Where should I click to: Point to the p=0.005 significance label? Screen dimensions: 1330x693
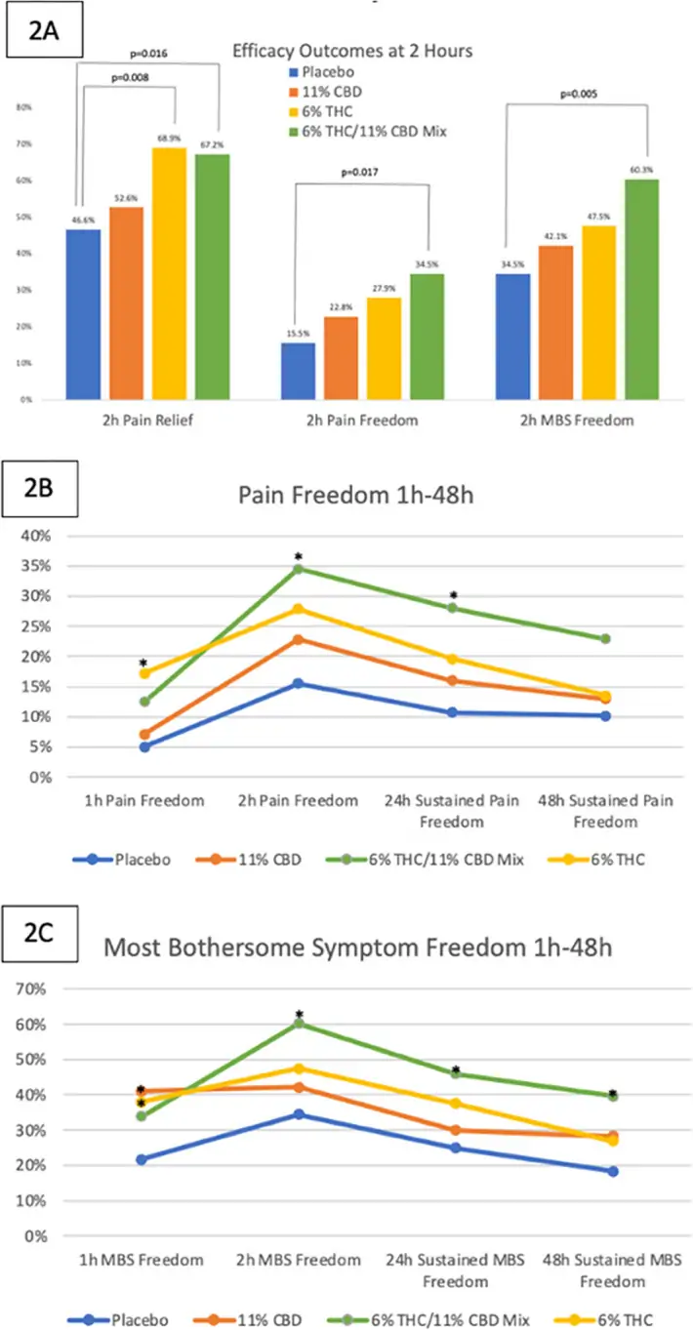coord(579,95)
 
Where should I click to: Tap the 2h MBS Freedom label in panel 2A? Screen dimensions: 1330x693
coord(577,422)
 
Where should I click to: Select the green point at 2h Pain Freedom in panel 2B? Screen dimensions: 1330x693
coord(298,569)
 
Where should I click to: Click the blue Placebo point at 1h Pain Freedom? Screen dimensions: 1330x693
coord(144,746)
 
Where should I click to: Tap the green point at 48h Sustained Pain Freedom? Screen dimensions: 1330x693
coord(605,639)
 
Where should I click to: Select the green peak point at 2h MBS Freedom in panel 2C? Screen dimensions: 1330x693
coord(299,1023)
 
